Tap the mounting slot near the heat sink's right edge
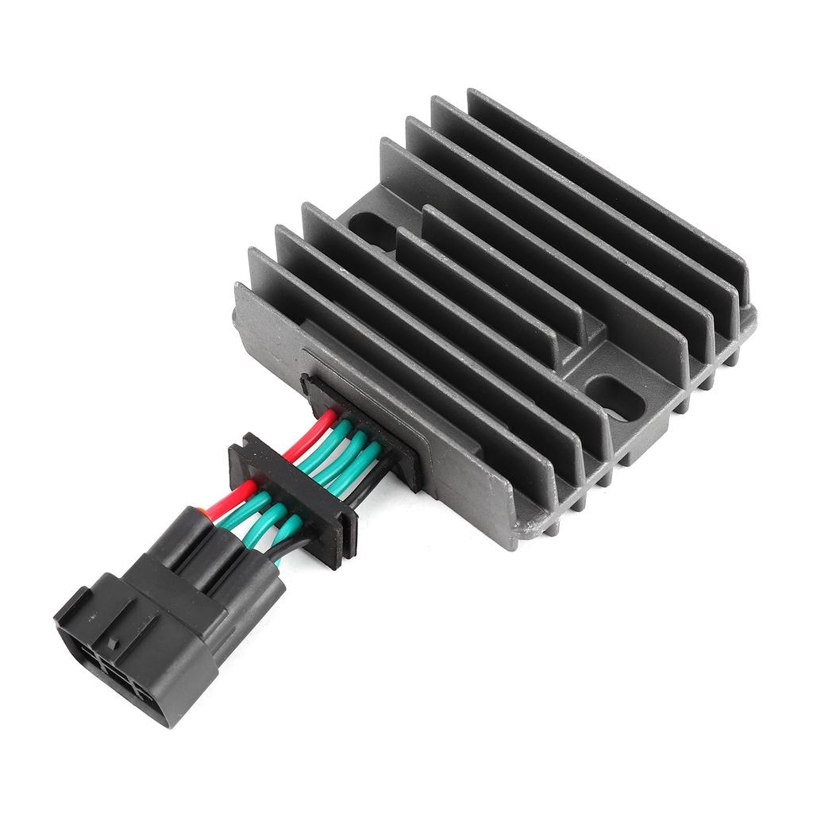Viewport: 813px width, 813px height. (x=615, y=397)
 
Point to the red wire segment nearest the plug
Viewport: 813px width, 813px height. (x=233, y=498)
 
